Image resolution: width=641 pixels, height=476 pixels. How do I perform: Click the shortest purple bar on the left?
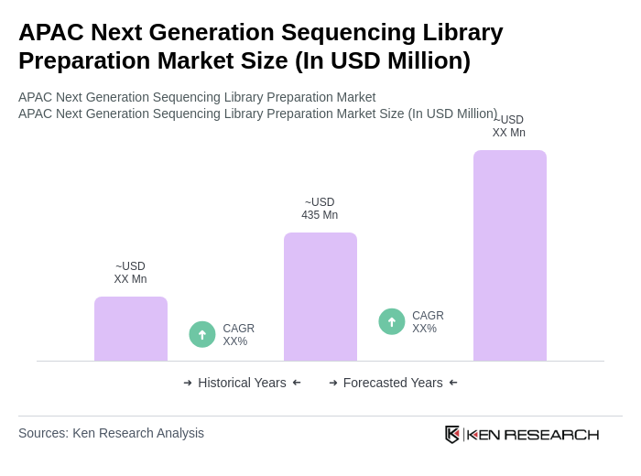coord(131,329)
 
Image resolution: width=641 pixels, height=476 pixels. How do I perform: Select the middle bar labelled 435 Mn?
coord(320,297)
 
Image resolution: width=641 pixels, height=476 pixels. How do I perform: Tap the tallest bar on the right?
coord(510,255)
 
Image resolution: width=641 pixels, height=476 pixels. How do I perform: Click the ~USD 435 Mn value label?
coord(320,209)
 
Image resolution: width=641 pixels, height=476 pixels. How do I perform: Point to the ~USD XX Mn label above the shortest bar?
coord(130,273)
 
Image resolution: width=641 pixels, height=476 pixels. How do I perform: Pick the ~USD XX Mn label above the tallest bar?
coord(509,126)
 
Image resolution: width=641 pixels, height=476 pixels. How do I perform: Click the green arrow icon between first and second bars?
coord(202,334)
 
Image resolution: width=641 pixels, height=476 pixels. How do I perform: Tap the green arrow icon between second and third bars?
coord(392,321)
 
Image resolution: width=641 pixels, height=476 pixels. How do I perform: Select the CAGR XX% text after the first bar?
coord(238,335)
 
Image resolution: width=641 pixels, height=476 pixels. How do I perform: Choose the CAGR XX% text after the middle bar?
coord(428,322)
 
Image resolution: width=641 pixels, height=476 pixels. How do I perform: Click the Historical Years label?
coord(242,383)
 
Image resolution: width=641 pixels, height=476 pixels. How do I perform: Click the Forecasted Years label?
coord(393,383)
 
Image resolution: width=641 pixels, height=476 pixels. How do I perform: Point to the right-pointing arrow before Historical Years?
coord(188,383)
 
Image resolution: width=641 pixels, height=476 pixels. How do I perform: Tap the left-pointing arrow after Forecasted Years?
coord(453,383)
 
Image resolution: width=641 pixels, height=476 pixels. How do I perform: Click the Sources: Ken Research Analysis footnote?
coord(111,433)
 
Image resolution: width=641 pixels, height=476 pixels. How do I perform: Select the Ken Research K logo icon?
coord(452,434)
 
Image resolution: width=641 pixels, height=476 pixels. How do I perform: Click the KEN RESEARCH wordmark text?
coord(533,434)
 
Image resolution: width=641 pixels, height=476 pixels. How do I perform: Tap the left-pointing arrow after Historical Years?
coord(297,383)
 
